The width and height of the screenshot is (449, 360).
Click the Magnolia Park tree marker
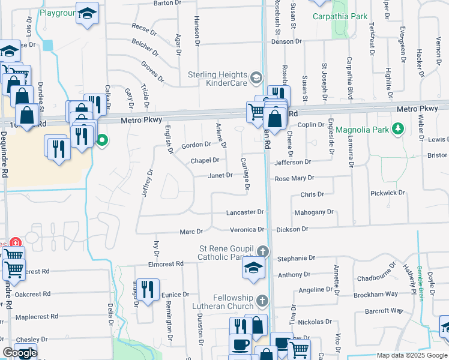(397, 129)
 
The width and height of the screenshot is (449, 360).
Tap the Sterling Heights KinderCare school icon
(256, 77)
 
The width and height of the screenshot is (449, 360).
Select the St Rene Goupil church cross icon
(262, 251)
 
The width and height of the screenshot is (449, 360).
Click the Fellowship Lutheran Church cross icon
(261, 300)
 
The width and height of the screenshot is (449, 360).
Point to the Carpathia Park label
(340, 16)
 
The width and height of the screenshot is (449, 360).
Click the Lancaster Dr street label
(245, 212)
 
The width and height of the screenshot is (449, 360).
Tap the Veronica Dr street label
(247, 229)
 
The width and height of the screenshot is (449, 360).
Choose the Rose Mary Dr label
(294, 179)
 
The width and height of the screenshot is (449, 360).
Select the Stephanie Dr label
(297, 258)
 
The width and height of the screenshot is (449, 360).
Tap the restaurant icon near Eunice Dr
(148, 289)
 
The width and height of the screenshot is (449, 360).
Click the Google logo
(20, 353)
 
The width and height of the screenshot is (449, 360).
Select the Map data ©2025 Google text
(412, 355)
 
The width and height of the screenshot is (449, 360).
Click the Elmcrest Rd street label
(166, 264)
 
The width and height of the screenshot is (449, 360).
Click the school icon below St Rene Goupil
(254, 268)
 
